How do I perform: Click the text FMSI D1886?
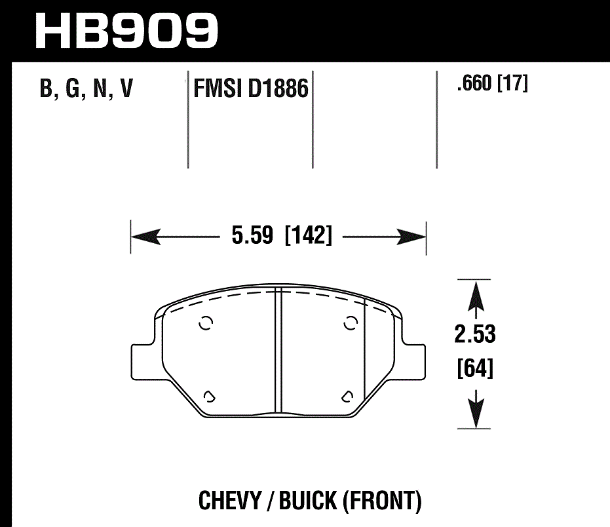click(x=250, y=88)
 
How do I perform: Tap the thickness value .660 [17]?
click(x=491, y=84)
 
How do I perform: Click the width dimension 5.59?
click(x=252, y=235)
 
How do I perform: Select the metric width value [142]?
click(x=309, y=235)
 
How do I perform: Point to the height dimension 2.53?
click(x=474, y=334)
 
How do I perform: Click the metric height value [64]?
click(x=474, y=369)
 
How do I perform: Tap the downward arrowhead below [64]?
click(x=475, y=410)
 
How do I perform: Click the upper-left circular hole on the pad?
click(x=206, y=323)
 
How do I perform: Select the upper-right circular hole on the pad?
click(x=351, y=322)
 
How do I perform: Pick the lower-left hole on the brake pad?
click(x=209, y=395)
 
